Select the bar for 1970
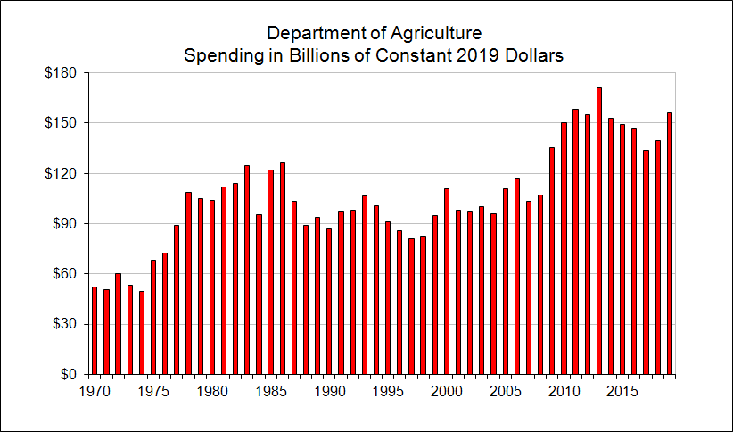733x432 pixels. point(95,330)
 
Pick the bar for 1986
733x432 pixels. point(283,269)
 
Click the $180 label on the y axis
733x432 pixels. point(62,72)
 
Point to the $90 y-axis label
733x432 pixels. point(65,223)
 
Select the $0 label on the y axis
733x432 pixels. point(69,374)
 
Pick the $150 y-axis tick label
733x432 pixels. point(62,122)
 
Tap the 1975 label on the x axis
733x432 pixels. point(152,390)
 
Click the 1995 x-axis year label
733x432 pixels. point(387,390)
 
